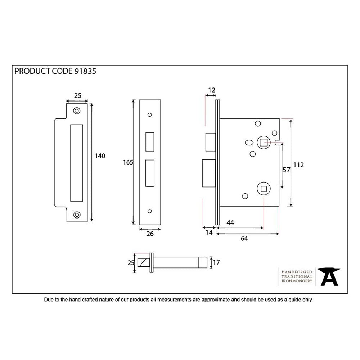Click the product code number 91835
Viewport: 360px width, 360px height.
(x=85, y=71)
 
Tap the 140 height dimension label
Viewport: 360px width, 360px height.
(x=100, y=156)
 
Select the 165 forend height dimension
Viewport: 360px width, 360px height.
(x=128, y=162)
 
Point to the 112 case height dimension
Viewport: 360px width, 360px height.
(x=299, y=165)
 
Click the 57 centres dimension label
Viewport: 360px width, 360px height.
(x=287, y=170)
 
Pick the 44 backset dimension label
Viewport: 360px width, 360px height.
(x=230, y=223)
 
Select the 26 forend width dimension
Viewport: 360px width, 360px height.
(x=150, y=234)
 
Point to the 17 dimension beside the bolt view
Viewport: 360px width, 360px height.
(x=216, y=263)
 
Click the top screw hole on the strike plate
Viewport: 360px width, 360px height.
(x=76, y=111)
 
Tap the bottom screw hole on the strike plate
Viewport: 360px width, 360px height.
(x=76, y=215)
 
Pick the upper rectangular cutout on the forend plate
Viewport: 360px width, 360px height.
(x=149, y=142)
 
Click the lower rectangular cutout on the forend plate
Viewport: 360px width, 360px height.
(x=149, y=174)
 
